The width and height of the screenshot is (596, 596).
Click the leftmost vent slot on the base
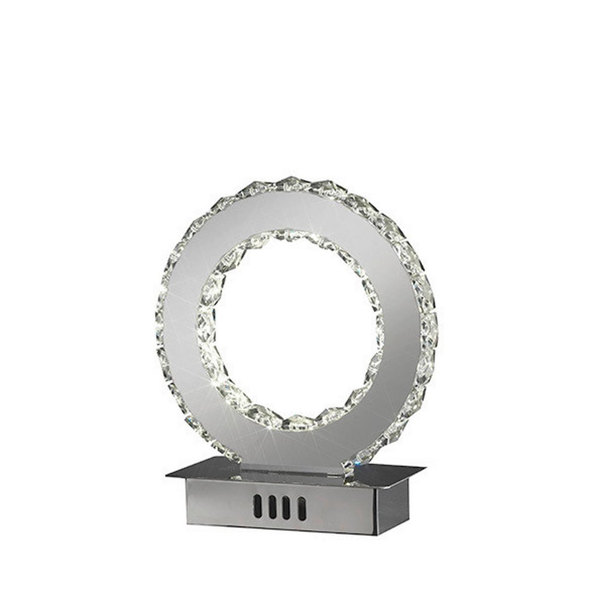[x=257, y=506]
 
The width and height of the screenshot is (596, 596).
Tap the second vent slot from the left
[x=272, y=507]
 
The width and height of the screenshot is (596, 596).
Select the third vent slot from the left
[x=287, y=508]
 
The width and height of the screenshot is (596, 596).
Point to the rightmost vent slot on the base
[x=301, y=509]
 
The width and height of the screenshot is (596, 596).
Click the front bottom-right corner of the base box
[x=376, y=534]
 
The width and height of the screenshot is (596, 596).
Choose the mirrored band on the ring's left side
[x=181, y=323]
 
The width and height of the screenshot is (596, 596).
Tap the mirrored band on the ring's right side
[x=402, y=323]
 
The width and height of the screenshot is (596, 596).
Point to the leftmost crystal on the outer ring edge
[x=160, y=318]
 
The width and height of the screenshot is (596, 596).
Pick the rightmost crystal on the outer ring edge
[x=431, y=323]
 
